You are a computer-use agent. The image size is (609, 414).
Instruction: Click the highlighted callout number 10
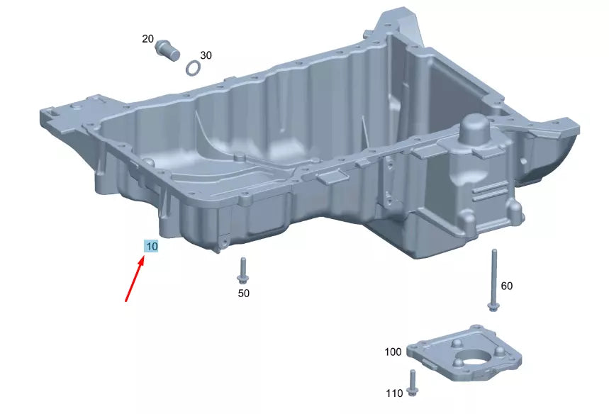pos(151,246)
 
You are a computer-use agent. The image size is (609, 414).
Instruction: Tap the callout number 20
pos(147,39)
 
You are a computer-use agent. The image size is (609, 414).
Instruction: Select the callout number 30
pos(206,55)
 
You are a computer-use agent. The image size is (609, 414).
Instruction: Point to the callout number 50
pos(243,292)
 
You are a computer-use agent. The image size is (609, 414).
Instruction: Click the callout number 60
pos(506,286)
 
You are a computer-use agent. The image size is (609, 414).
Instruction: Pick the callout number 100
pos(393,352)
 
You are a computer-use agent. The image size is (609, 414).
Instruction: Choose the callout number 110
pos(394,393)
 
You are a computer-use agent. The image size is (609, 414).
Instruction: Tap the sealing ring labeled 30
pos(192,68)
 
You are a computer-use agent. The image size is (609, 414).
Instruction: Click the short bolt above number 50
pos(242,269)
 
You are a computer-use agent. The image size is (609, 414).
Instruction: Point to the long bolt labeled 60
pos(493,280)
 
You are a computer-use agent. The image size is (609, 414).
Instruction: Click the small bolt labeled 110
pos(413,382)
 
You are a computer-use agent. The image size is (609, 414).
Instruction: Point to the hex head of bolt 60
pos(493,306)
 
